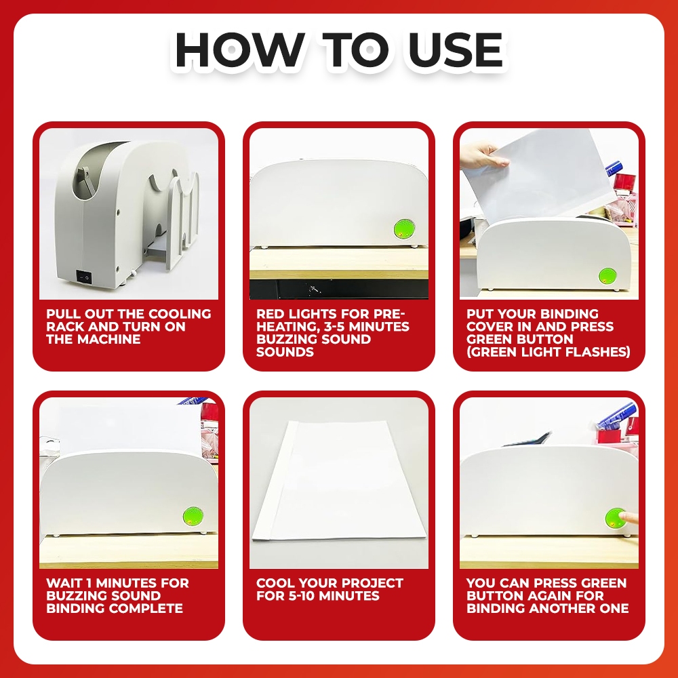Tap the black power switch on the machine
pyautogui.click(x=84, y=277)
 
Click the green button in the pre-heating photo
pyautogui.click(x=404, y=228)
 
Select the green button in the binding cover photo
pyautogui.click(x=607, y=276)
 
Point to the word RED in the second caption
pyautogui.click(x=271, y=314)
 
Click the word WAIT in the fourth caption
pyautogui.click(x=64, y=583)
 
